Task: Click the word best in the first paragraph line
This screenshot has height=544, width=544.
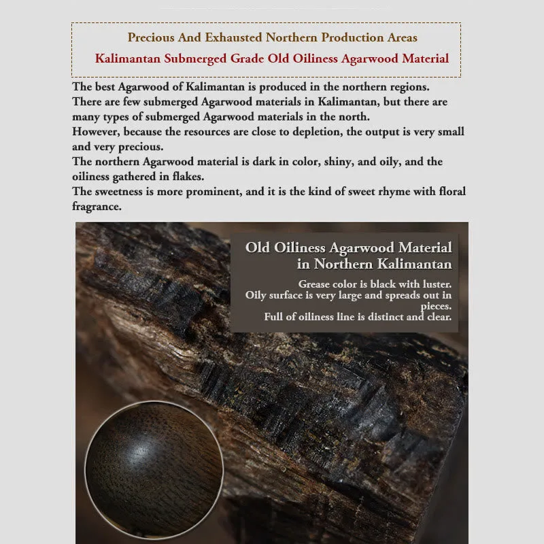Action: (x=105, y=88)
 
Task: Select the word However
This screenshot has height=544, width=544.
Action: (x=98, y=132)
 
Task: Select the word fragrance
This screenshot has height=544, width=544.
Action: (x=97, y=207)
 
